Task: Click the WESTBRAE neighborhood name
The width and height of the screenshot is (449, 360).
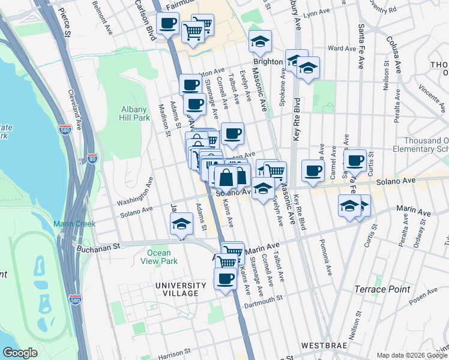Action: point(322,346)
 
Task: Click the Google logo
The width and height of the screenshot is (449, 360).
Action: point(20,353)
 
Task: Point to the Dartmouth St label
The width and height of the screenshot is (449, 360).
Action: point(263,302)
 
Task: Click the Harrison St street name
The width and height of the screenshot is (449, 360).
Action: point(174,353)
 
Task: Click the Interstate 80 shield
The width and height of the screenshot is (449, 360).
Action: point(92,159)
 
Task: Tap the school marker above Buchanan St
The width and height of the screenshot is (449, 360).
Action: point(180,226)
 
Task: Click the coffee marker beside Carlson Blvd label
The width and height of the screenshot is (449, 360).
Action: point(167,24)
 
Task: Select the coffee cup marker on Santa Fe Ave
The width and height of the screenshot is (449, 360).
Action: point(355,160)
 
